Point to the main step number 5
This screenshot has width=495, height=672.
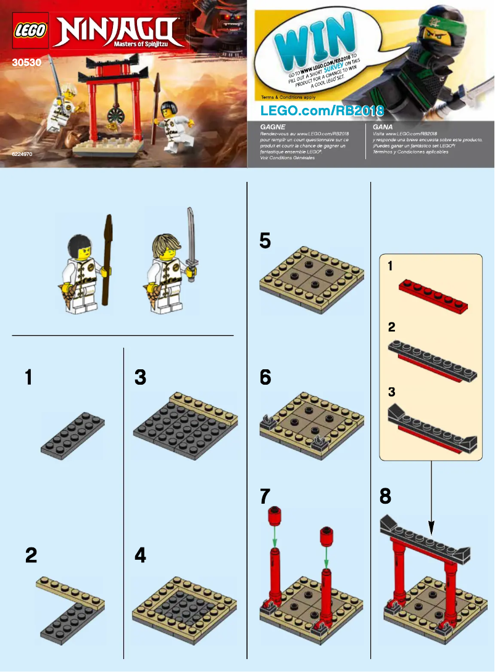[265, 240]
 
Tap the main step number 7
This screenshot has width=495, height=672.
[265, 496]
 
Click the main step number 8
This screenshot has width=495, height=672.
[386, 496]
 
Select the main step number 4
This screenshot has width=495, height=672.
[140, 556]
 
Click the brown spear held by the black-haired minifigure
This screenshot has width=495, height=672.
[109, 259]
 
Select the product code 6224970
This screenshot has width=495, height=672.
[22, 155]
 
